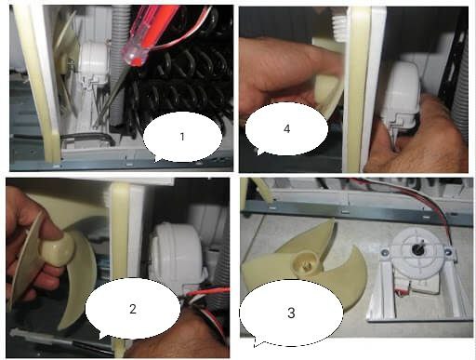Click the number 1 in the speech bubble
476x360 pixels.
pyautogui.click(x=182, y=137)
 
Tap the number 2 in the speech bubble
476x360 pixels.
pyautogui.click(x=133, y=309)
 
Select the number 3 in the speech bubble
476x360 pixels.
pyautogui.click(x=291, y=313)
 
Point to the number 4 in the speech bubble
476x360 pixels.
pyautogui.click(x=286, y=128)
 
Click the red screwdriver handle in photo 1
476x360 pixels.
pyautogui.click(x=147, y=34)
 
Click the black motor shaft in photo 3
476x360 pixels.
pyautogui.click(x=416, y=248)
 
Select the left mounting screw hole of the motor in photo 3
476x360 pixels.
pyautogui.click(x=385, y=253)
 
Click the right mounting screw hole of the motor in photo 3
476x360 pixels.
pyautogui.click(x=447, y=252)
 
